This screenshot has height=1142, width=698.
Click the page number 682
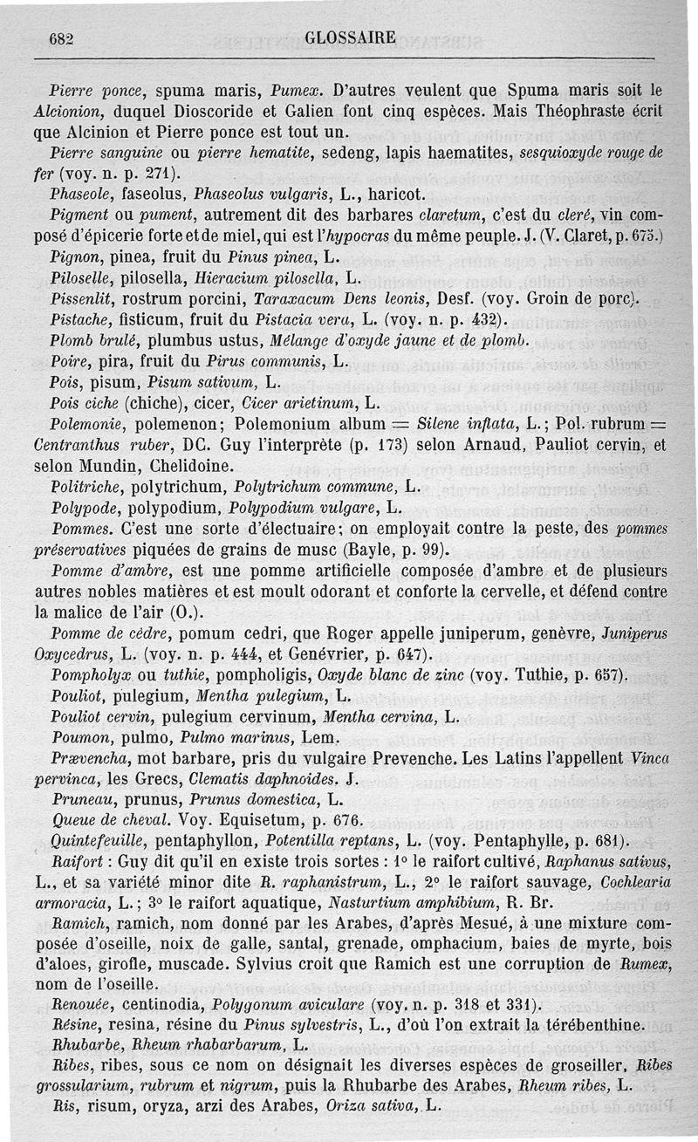[60, 38]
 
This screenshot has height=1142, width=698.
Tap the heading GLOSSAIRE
[351, 38]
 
